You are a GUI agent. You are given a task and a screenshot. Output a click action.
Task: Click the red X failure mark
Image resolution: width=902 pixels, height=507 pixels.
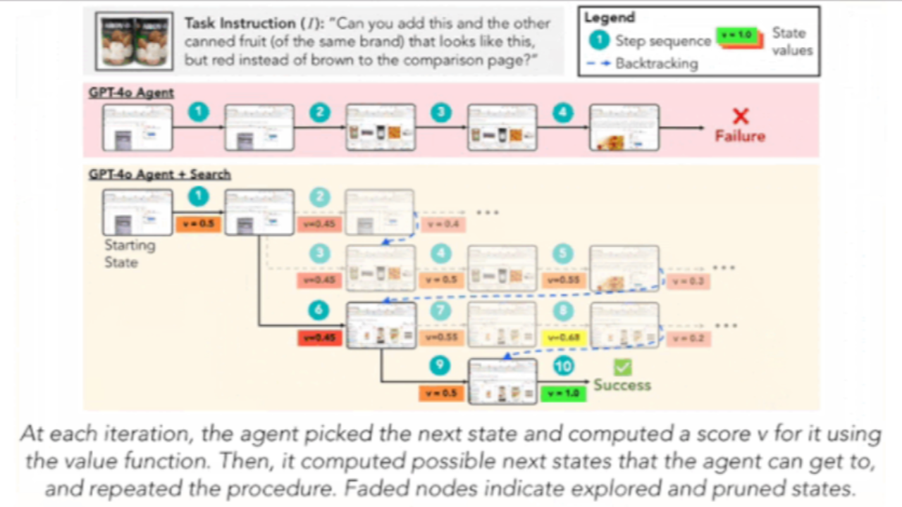[x=740, y=116]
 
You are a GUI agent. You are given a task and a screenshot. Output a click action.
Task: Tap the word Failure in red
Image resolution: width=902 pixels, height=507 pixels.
[x=740, y=135]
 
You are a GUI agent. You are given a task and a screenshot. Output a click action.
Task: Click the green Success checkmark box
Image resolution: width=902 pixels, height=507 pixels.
[x=622, y=367]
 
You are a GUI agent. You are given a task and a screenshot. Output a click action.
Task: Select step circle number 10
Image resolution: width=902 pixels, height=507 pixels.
[x=563, y=366]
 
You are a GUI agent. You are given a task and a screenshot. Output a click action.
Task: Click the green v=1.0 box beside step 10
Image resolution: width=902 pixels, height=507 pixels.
[x=563, y=392]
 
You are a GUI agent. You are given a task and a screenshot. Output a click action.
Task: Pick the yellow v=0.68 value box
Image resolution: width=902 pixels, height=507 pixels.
[x=563, y=337]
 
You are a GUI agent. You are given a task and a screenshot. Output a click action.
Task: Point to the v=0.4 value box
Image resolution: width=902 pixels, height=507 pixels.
[x=442, y=224]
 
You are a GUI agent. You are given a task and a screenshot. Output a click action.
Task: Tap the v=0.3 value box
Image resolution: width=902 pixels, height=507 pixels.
[x=688, y=281]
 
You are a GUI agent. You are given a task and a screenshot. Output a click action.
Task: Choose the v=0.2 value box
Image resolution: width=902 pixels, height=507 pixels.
[x=688, y=338]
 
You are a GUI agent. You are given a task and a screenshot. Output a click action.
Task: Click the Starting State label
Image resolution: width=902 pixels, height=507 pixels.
[x=130, y=254]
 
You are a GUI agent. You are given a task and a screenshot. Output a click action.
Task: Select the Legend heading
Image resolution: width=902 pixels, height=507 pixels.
[x=609, y=18]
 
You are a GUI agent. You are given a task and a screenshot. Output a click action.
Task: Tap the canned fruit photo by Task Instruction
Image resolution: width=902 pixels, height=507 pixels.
[x=134, y=40]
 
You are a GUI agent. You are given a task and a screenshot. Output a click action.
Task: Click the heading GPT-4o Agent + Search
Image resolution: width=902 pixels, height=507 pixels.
[x=160, y=174]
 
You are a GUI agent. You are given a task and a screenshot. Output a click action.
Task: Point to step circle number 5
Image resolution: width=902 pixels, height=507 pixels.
[x=563, y=254]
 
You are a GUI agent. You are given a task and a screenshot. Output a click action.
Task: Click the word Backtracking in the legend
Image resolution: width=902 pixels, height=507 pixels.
[x=656, y=63]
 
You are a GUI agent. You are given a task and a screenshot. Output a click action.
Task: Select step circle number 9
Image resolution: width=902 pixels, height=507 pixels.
[x=440, y=366]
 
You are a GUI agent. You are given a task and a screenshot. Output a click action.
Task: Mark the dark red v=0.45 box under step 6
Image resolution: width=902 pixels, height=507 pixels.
[x=320, y=337]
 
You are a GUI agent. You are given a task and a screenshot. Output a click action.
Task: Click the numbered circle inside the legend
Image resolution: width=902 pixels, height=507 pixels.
[x=598, y=40]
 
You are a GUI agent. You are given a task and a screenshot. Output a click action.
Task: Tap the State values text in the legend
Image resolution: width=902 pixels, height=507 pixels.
[x=791, y=41]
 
